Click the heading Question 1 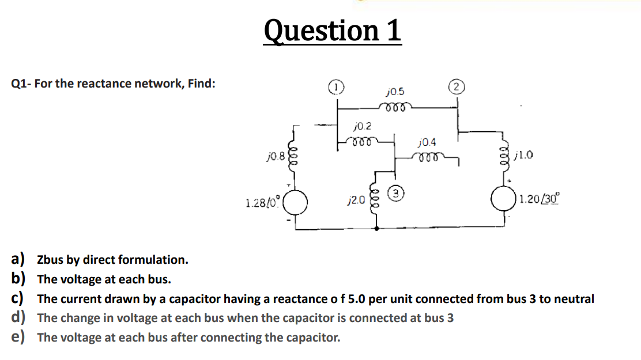coord(333,31)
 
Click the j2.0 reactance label coord(356,200)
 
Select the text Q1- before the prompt coord(22,84)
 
